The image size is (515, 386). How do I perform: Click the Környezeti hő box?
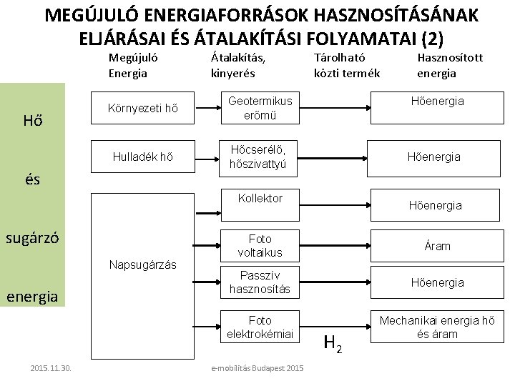click(142, 109)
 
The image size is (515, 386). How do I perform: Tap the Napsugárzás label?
click(142, 264)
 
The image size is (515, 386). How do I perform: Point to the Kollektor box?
click(260, 198)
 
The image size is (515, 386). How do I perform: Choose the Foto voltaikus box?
click(260, 245)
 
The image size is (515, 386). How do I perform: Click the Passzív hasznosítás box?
click(260, 282)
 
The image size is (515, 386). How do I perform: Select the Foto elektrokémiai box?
click(260, 327)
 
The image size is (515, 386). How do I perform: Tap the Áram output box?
click(437, 245)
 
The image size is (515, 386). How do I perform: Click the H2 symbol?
click(333, 343)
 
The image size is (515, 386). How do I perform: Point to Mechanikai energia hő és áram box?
click(437, 327)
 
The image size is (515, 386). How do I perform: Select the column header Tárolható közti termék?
click(347, 66)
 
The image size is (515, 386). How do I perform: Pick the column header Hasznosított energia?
click(450, 66)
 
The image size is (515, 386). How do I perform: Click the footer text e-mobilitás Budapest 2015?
click(257, 368)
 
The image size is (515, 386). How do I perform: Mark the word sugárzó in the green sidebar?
click(32, 237)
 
